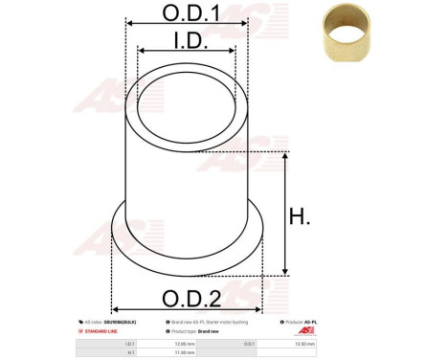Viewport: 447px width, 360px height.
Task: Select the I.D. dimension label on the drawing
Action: point(187,40)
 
